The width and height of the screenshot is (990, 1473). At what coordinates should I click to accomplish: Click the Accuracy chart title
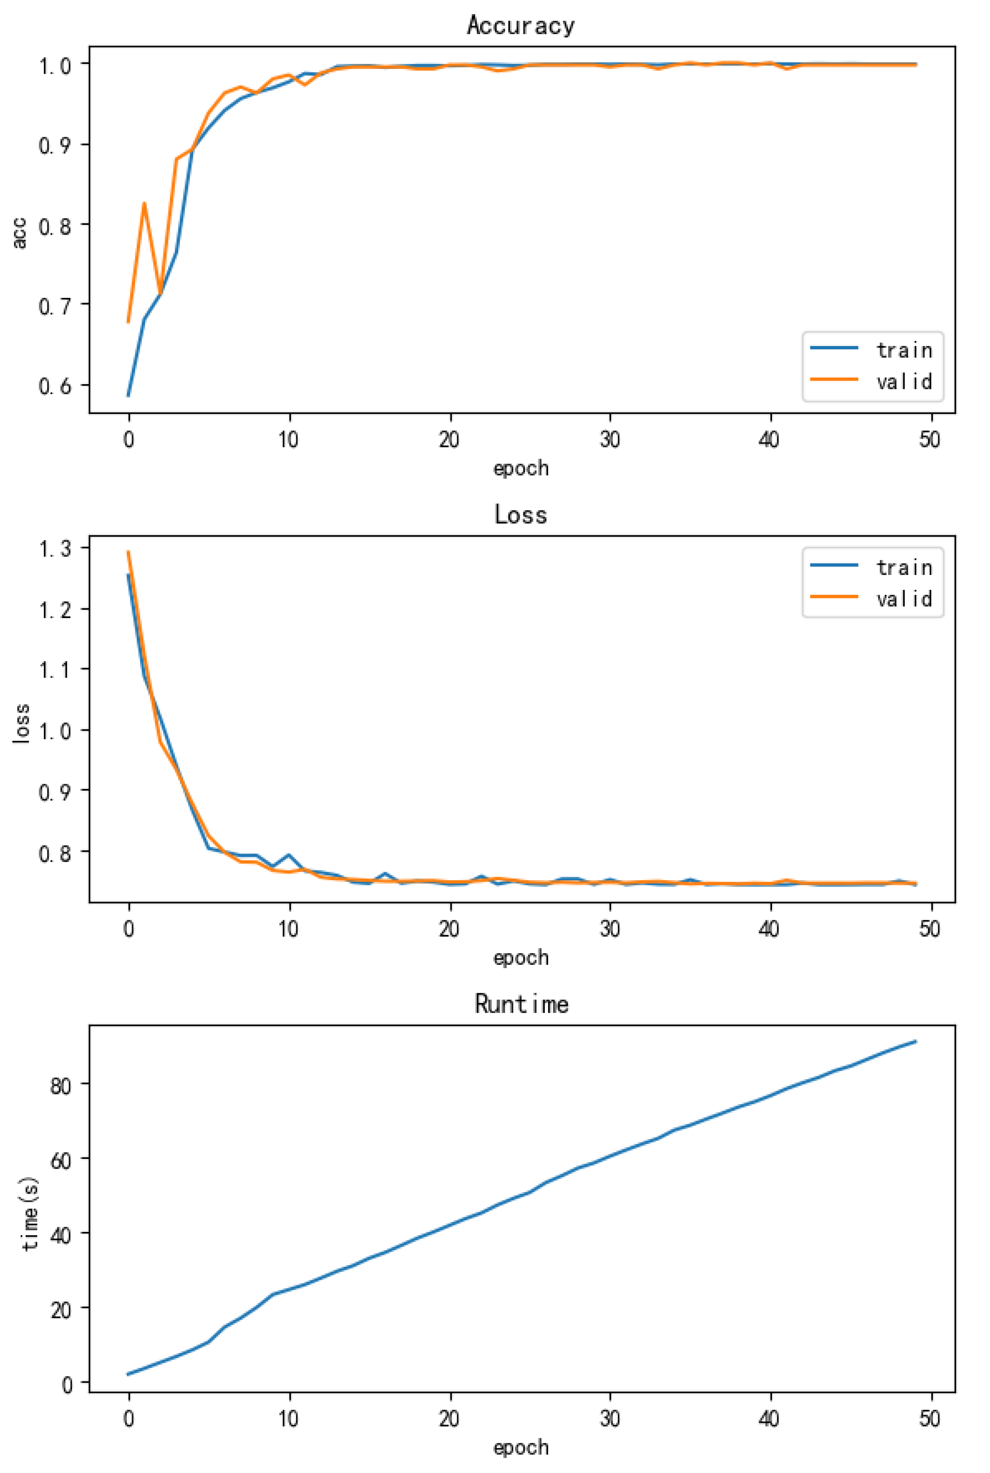(x=521, y=25)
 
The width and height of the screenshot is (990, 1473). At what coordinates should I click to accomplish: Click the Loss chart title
(x=521, y=515)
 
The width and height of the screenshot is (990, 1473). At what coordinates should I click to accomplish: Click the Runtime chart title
(x=521, y=1004)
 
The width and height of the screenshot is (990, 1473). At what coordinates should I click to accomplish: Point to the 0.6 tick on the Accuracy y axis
(x=55, y=386)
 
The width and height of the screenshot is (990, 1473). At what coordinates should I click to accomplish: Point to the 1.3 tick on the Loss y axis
(x=55, y=548)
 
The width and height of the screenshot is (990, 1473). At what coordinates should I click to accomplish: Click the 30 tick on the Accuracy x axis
(x=610, y=440)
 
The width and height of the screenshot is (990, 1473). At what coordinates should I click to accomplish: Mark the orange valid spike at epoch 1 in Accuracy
(x=145, y=203)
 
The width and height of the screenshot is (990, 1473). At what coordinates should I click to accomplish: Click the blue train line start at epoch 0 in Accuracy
(x=129, y=396)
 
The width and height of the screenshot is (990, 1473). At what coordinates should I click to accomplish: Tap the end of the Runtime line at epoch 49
(x=915, y=1041)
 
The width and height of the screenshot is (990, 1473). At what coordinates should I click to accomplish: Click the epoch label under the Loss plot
(x=521, y=958)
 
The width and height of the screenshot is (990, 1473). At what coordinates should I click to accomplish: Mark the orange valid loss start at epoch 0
(x=129, y=552)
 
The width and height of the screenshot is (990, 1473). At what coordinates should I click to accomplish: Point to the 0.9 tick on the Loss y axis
(x=55, y=791)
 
